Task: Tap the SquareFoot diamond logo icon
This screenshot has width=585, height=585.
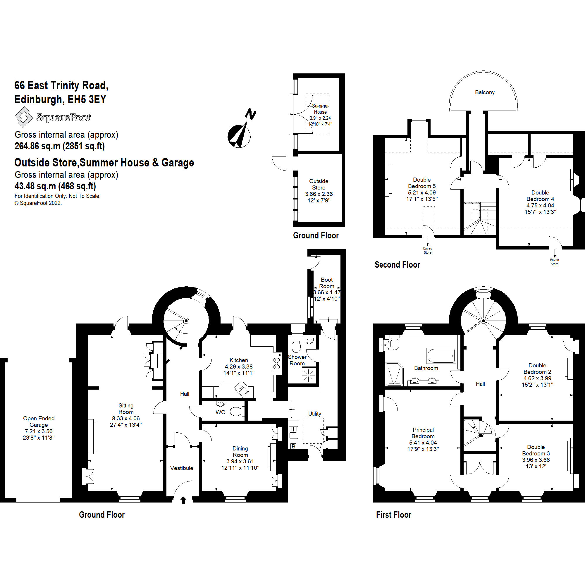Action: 23,117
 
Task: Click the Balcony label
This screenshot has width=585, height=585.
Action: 484,92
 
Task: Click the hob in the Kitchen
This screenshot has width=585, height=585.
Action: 276,363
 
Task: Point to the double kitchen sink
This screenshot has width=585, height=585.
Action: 241,390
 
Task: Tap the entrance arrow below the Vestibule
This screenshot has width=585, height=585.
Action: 183,500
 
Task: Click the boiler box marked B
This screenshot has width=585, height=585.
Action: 293,446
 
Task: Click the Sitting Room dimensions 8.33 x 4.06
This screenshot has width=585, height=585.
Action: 126,419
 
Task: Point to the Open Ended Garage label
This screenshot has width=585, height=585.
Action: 39,421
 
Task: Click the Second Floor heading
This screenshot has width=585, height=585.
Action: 397,265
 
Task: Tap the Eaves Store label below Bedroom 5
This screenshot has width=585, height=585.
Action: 428,250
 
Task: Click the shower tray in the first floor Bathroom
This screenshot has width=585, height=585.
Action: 394,375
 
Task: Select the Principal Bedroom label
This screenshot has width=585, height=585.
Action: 423,433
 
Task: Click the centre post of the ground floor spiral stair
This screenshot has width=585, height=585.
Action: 187,321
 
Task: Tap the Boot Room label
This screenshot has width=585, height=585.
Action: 327,283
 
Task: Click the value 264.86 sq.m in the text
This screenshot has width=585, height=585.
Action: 37,146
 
